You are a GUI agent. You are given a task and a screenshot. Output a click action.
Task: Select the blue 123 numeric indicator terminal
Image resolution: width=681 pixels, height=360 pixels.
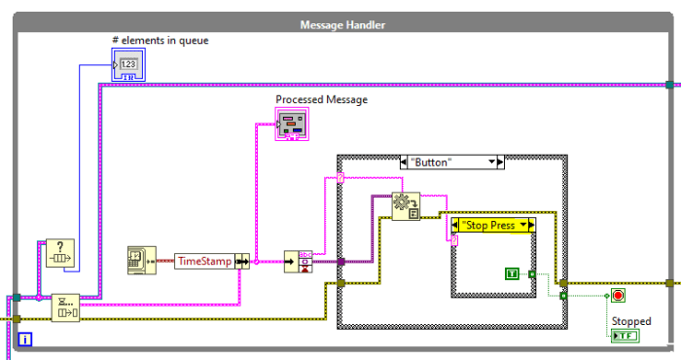tap(128, 65)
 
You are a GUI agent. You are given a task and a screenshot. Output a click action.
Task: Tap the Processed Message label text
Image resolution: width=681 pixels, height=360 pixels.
tap(321, 99)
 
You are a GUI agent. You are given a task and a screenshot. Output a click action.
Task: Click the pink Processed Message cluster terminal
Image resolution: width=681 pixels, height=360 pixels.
tap(292, 123)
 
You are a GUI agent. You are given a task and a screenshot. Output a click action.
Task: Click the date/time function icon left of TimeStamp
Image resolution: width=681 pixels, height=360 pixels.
tap(142, 260)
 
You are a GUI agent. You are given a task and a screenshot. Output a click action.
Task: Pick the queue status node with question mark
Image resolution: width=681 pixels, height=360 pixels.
tap(61, 254)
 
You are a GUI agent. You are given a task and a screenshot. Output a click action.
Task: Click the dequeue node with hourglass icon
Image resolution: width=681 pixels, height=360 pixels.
tap(64, 307)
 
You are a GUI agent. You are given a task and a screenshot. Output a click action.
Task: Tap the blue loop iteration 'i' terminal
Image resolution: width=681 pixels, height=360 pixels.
tap(25, 339)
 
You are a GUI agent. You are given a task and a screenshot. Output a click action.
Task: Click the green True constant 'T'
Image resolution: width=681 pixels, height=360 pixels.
tap(512, 274)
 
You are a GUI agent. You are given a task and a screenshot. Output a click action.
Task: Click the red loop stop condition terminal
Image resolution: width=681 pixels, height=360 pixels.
tap(617, 296)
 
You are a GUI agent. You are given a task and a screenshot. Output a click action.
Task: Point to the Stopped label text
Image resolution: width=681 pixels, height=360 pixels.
tap(631, 320)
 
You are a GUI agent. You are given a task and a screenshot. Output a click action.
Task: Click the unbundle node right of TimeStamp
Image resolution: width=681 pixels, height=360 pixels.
tap(295, 261)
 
